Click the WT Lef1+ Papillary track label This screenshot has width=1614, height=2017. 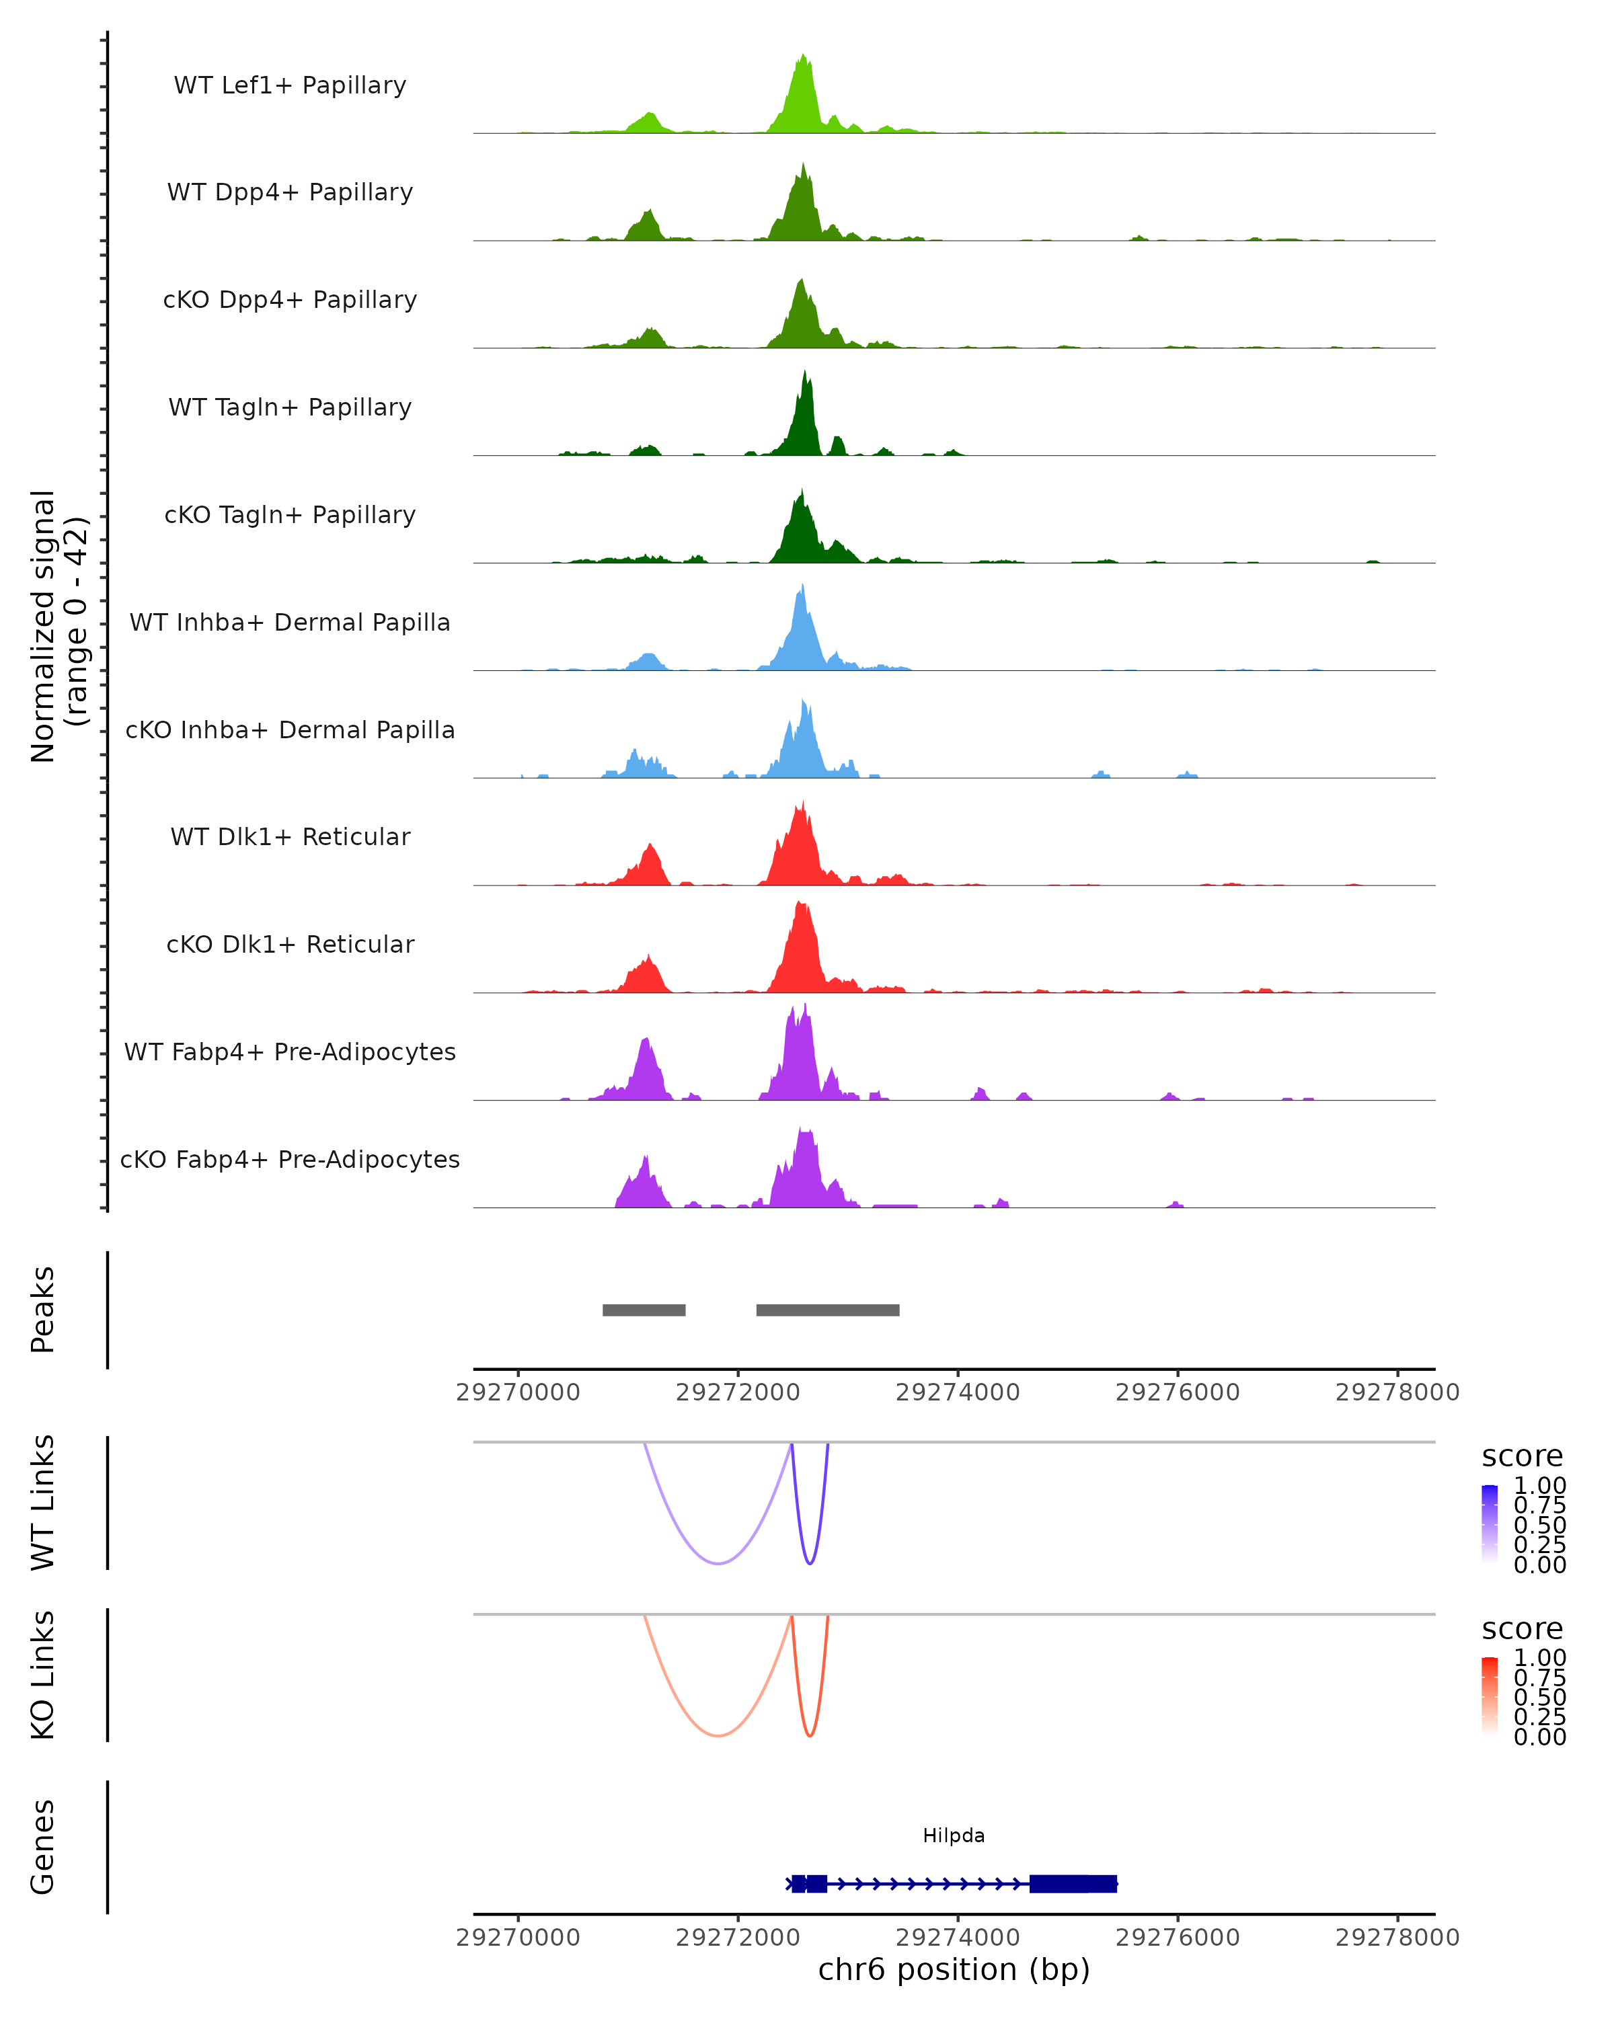pos(290,85)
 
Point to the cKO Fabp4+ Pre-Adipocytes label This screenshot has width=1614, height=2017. pos(290,1159)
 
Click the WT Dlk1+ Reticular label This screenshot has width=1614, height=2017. pos(290,836)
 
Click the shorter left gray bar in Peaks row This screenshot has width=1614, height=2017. pos(644,1310)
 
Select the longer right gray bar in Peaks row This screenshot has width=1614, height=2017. pos(827,1310)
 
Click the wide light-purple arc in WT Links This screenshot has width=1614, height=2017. pos(718,1563)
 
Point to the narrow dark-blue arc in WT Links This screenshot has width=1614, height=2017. pos(809,1561)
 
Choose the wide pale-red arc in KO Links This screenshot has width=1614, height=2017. pos(718,1735)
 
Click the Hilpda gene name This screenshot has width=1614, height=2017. pos(954,1835)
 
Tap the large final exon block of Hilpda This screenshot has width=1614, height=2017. pos(1072,1883)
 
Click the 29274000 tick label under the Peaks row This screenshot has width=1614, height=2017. pos(957,1392)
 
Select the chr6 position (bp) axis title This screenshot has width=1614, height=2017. pos(954,1970)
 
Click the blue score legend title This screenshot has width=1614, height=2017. pos(1521,1457)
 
